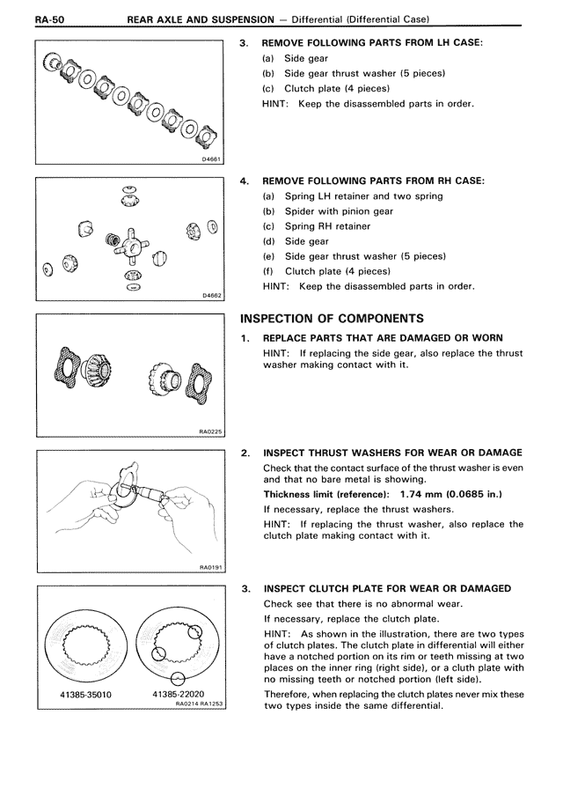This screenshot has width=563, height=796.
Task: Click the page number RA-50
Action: (x=50, y=19)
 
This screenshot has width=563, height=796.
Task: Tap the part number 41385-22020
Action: (x=178, y=694)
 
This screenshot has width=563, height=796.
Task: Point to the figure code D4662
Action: (x=211, y=296)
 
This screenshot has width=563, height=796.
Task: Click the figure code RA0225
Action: (x=210, y=432)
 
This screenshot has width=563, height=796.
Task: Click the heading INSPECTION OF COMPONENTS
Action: (x=332, y=319)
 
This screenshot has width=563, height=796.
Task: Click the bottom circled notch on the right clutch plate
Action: (x=178, y=678)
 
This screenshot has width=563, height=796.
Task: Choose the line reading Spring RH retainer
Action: (x=327, y=226)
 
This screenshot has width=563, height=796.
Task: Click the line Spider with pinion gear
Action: (x=339, y=211)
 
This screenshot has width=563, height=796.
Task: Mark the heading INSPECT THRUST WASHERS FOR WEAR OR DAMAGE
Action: (x=392, y=453)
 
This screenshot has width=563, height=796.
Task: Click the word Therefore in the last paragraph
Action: (x=287, y=694)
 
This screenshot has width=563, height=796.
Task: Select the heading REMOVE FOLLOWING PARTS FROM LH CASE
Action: (x=372, y=42)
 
